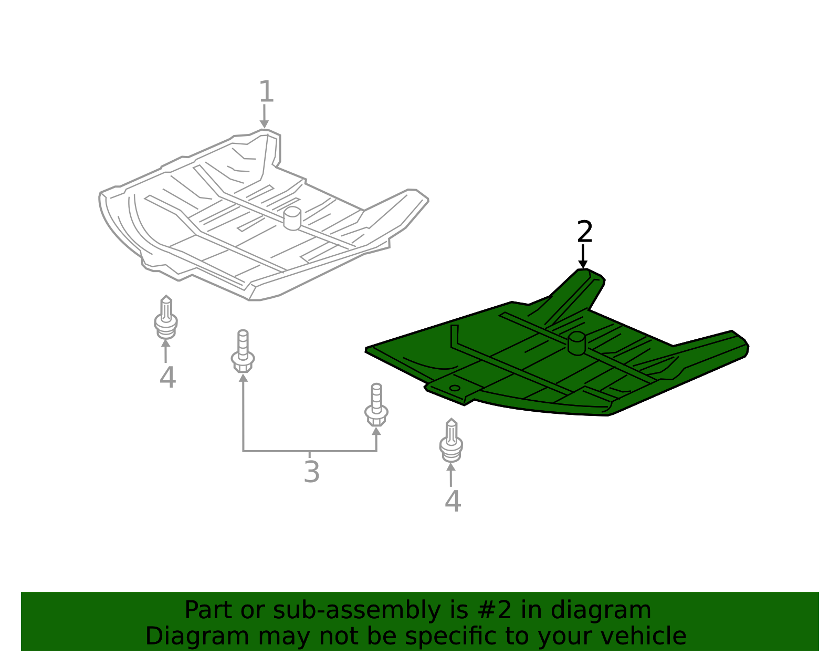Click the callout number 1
click(x=266, y=91)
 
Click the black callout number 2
click(x=584, y=232)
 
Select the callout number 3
click(x=311, y=472)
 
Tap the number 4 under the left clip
click(x=167, y=378)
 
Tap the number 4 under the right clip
click(x=453, y=501)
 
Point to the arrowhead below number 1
click(x=264, y=124)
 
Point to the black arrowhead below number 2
click(x=583, y=264)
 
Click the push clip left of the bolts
click(x=166, y=317)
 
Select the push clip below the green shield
click(x=451, y=440)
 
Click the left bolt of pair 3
click(x=243, y=351)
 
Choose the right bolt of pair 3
click(x=376, y=405)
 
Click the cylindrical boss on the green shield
click(x=576, y=343)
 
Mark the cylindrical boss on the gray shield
click(x=292, y=218)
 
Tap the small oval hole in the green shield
click(x=455, y=388)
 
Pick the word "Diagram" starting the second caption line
click(x=197, y=637)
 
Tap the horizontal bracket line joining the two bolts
click(x=310, y=451)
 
